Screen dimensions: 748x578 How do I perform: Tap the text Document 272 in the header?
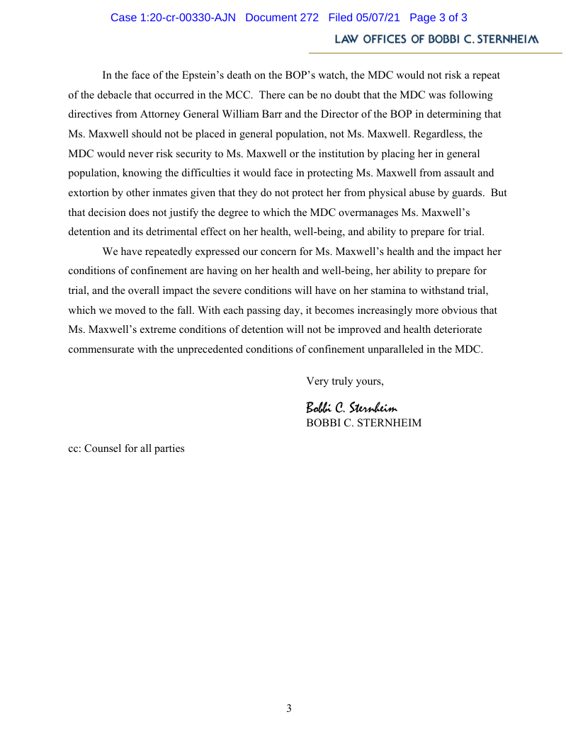point(282,18)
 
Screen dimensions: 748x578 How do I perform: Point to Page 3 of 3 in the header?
point(438,18)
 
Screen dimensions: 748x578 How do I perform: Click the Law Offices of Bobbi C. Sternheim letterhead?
point(436,40)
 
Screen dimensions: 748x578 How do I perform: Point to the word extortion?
point(91,193)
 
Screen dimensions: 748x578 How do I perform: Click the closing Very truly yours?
point(345,381)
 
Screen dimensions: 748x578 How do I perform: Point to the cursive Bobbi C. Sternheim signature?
point(351,407)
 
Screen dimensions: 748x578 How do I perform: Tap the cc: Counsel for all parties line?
point(126,448)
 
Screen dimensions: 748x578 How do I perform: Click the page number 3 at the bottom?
point(289,708)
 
